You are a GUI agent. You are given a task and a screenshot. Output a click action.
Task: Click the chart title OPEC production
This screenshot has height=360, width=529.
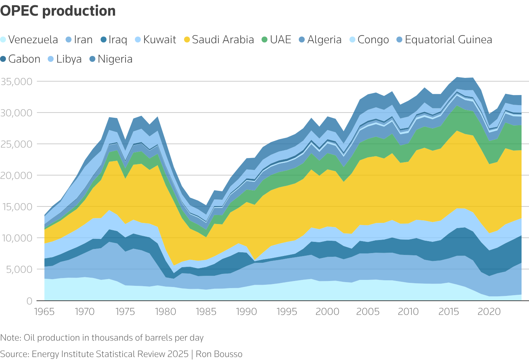click(x=58, y=11)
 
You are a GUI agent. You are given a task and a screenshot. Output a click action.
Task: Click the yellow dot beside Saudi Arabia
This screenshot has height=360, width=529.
click(x=187, y=40)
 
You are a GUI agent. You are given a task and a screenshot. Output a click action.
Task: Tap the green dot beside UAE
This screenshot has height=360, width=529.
click(x=264, y=40)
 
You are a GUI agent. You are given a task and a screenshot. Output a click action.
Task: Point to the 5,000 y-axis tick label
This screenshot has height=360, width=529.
click(x=19, y=269)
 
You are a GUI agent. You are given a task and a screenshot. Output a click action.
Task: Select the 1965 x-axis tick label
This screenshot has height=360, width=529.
click(x=44, y=312)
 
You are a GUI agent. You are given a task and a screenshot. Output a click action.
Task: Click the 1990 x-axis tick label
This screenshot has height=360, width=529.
click(x=246, y=312)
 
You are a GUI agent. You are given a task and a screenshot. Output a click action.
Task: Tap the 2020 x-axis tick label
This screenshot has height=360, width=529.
click(x=489, y=312)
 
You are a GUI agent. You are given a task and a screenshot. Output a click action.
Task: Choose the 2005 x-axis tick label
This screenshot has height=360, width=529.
click(x=368, y=312)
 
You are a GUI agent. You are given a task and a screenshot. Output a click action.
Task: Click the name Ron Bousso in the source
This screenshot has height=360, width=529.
click(x=219, y=354)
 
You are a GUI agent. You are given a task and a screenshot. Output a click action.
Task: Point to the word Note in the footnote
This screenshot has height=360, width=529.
click(x=10, y=338)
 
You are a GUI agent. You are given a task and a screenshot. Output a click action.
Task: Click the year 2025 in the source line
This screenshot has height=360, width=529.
click(x=177, y=354)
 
